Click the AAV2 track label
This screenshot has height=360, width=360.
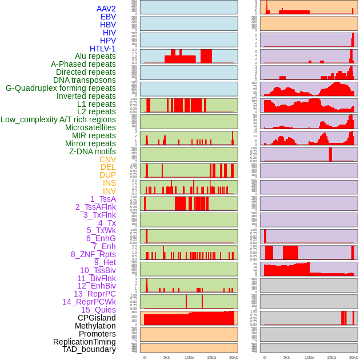click(106, 9)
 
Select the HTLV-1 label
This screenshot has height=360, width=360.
click(102, 49)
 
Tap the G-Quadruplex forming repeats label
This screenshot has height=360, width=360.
click(61, 88)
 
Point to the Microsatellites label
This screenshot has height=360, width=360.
click(90, 127)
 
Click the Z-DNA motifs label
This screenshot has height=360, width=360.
click(92, 151)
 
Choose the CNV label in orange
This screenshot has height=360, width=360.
click(107, 159)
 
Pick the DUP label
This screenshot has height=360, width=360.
click(107, 175)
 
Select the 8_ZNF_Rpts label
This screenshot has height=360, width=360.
click(93, 254)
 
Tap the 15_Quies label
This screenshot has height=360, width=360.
click(98, 310)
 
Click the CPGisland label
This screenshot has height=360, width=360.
click(97, 318)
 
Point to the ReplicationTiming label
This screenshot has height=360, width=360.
click(85, 342)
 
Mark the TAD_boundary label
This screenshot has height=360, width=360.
click(89, 349)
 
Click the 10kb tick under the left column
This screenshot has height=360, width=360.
click(189, 357)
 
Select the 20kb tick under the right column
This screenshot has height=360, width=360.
click(354, 357)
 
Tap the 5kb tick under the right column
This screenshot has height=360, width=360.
click(287, 357)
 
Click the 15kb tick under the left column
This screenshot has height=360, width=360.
click(211, 357)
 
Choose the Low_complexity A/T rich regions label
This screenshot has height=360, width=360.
click(58, 119)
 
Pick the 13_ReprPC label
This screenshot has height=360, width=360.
click(94, 294)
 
